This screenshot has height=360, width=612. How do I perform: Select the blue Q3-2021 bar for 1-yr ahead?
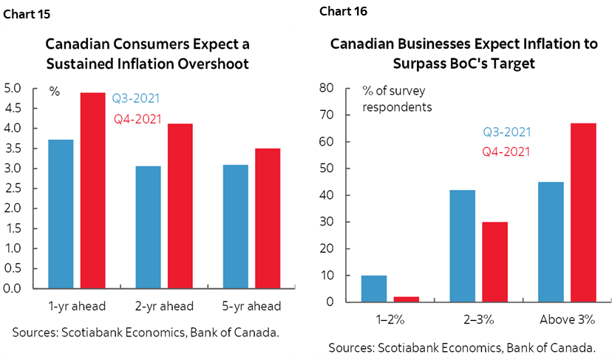[60, 214]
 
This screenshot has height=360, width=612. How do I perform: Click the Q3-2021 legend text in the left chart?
[136, 98]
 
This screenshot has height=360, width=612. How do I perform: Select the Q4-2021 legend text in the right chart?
[506, 152]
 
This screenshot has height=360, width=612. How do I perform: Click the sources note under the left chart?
[145, 333]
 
